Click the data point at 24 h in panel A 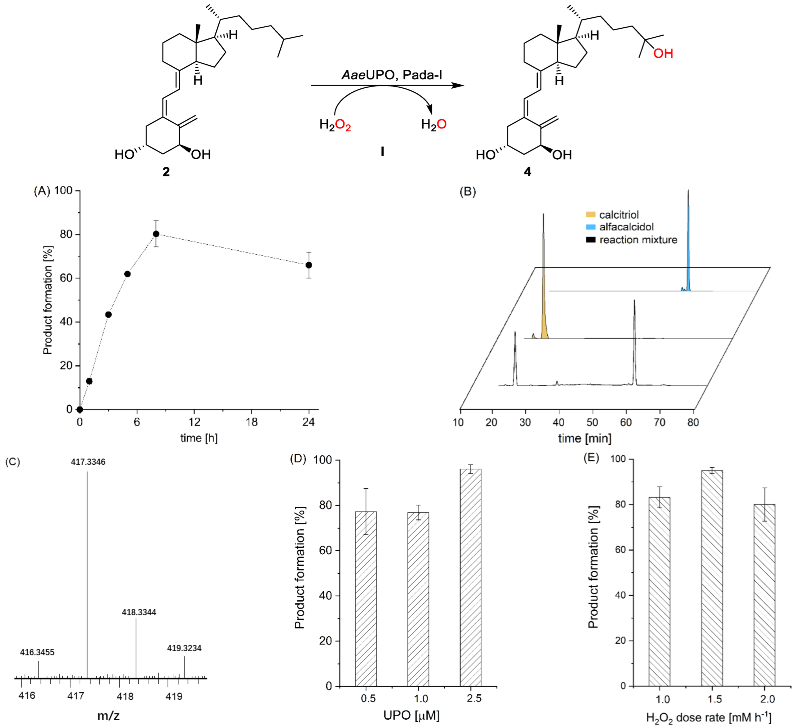pos(309,265)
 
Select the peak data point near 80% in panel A pos(156,234)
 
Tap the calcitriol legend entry pos(618,215)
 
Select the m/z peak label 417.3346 pos(88,462)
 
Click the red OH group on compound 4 pos(663,54)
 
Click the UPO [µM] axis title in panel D pos(411,715)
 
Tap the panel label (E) pos(591,458)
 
